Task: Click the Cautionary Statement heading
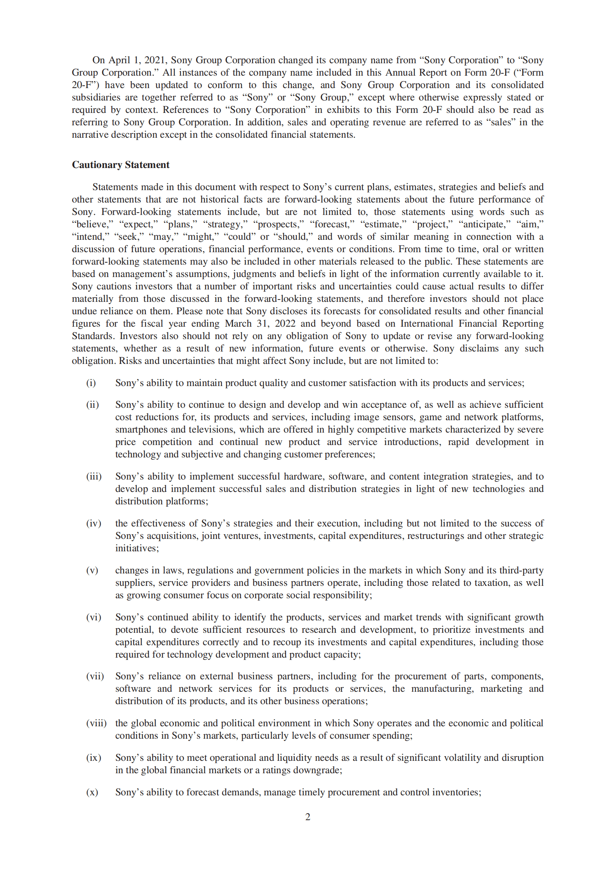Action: point(120,165)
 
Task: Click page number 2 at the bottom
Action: point(308,817)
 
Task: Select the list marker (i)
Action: point(91,383)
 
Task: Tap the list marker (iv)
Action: point(93,523)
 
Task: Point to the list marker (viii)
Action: point(96,723)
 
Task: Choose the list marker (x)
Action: point(92,792)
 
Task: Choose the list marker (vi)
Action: point(93,617)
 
